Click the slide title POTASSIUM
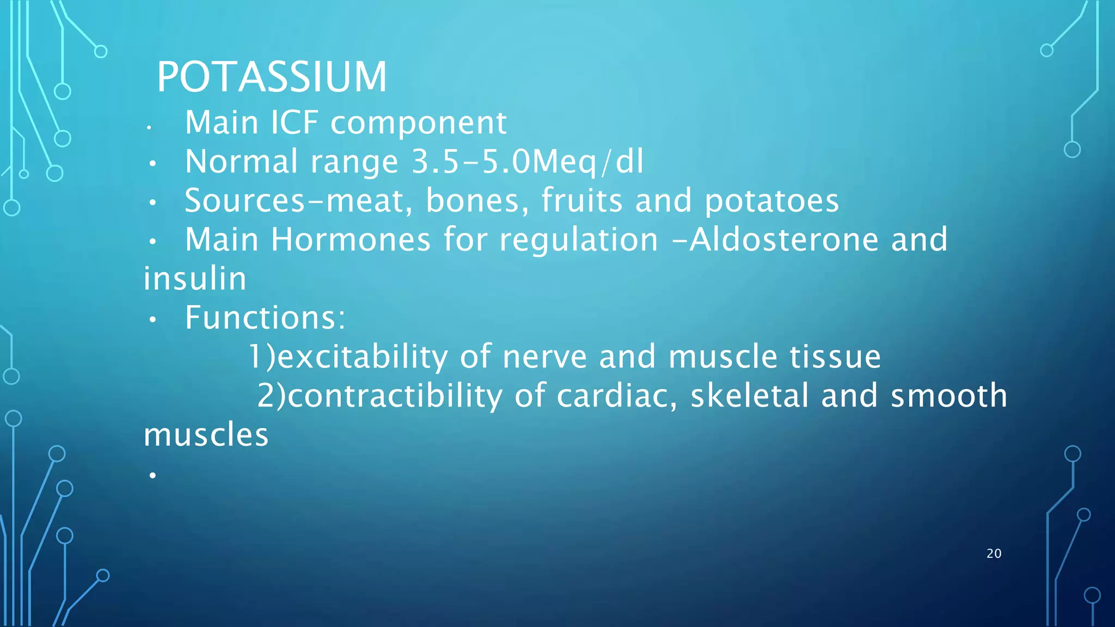pyautogui.click(x=272, y=77)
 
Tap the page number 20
pyautogui.click(x=994, y=554)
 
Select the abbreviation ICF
pyautogui.click(x=295, y=122)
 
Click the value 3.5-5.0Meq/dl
pyautogui.click(x=528, y=162)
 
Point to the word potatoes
pyautogui.click(x=771, y=200)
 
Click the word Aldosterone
pyautogui.click(x=784, y=239)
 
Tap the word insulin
pyautogui.click(x=195, y=279)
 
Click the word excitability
pyautogui.click(x=363, y=357)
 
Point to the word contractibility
pyautogui.click(x=395, y=396)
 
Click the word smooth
pyautogui.click(x=948, y=396)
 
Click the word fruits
pyautogui.click(x=581, y=200)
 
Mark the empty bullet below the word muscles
pyautogui.click(x=152, y=476)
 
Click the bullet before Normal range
pyautogui.click(x=152, y=163)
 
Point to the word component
pyautogui.click(x=419, y=124)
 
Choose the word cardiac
pyautogui.click(x=616, y=396)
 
